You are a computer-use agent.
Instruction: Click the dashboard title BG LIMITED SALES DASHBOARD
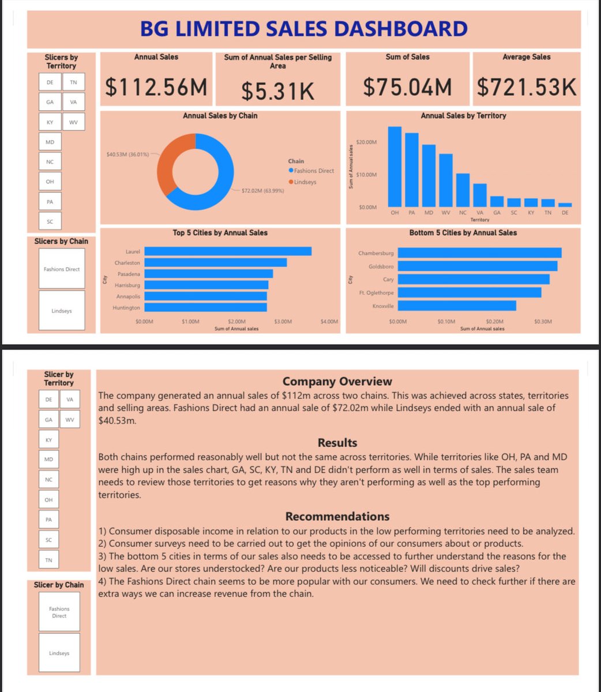303,29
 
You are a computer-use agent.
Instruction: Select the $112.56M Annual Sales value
156,87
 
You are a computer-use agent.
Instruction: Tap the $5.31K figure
277,91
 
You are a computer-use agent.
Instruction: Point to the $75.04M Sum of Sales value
407,87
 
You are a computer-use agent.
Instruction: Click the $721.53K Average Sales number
526,87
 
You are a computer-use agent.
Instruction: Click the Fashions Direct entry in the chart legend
313,171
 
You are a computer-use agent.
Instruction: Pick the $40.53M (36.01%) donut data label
128,155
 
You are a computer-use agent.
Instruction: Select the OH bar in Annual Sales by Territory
395,167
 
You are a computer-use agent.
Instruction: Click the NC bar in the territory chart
463,190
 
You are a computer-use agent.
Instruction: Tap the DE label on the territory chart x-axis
565,213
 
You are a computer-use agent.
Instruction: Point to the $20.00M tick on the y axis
367,142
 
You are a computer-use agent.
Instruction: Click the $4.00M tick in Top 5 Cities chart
329,322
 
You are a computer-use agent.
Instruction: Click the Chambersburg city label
375,253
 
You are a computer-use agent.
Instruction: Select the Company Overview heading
337,382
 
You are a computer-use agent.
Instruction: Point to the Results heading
337,443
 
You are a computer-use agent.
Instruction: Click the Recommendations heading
337,517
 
